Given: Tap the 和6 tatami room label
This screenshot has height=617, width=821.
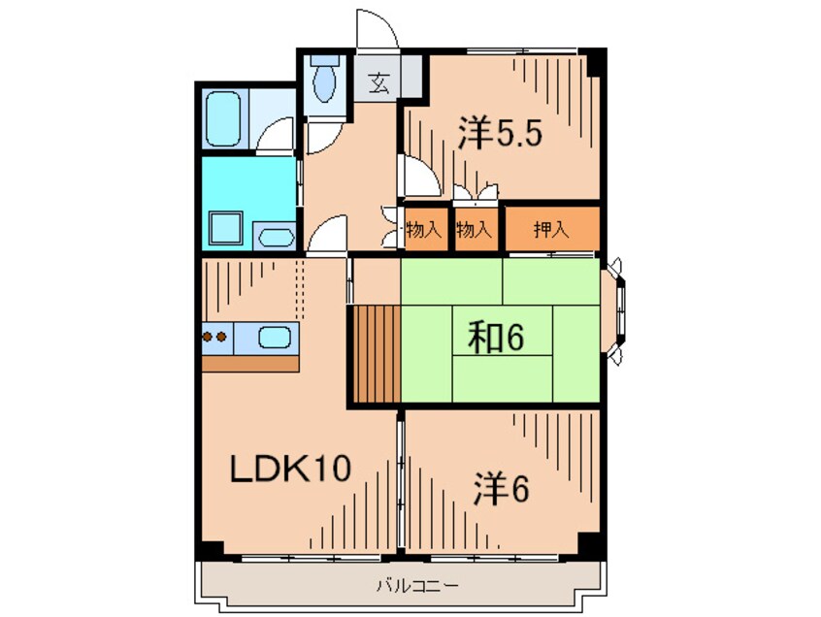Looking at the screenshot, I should click(x=500, y=339).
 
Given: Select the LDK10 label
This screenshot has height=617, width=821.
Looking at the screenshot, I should click(x=288, y=471).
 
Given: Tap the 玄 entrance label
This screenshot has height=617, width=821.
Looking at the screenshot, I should click(x=378, y=83).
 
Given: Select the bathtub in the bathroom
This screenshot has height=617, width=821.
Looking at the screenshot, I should click(x=225, y=119).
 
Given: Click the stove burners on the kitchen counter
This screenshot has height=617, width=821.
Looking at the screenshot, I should click(x=215, y=339).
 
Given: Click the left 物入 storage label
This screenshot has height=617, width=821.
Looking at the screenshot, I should click(x=424, y=230).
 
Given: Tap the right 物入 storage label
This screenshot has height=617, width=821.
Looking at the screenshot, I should click(x=474, y=230).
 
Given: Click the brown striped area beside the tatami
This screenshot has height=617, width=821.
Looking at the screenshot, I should click(x=376, y=353).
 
